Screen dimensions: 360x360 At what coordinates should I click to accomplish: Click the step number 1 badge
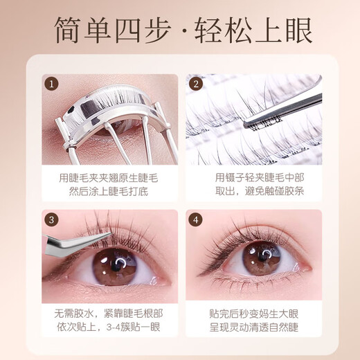click(x=50, y=85)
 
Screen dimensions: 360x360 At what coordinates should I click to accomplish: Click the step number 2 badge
click(x=196, y=85)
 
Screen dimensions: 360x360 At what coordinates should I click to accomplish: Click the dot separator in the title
click(x=180, y=31)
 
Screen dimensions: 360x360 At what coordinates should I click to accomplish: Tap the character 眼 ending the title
click(x=291, y=31)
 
